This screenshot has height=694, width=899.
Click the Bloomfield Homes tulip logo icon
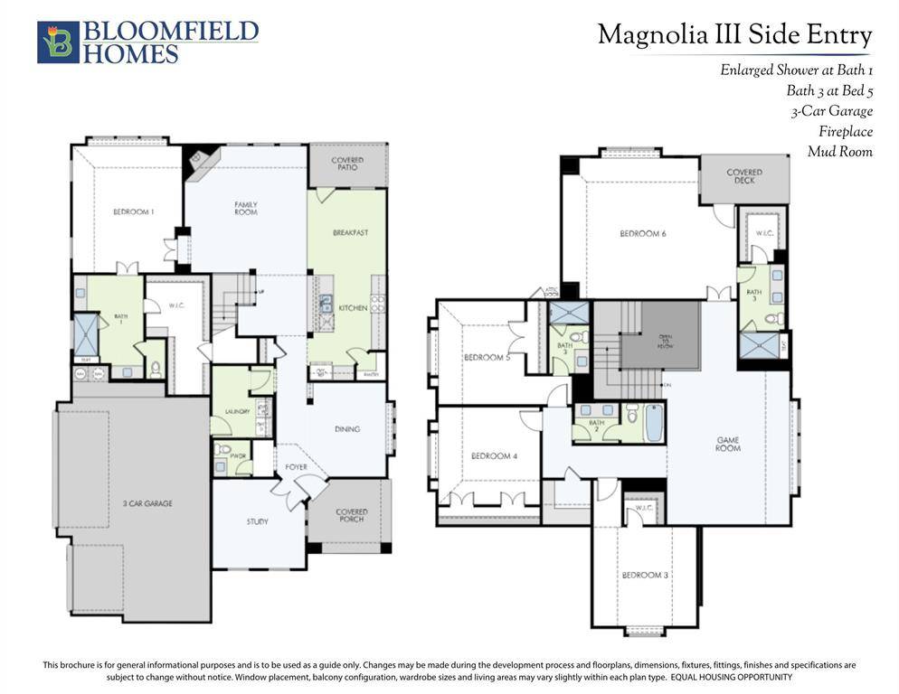point(59,42)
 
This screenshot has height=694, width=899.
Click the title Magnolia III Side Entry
point(734,36)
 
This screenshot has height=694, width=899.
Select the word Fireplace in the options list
point(846,132)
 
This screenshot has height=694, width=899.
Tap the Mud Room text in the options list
point(839,152)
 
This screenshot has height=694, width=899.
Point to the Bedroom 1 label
point(133,212)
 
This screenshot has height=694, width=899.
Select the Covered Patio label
point(347,164)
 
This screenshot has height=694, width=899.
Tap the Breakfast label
point(350,233)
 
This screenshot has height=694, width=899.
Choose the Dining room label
point(346,429)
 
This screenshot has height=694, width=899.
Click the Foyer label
point(296,467)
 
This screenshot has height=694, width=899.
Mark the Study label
point(258,521)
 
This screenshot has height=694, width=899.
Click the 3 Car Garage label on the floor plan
point(147,503)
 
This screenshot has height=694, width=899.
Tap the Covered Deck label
point(743,176)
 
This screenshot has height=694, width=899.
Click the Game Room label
point(728,445)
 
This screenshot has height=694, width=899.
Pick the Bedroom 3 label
point(644,576)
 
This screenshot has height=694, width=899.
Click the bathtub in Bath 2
point(654,422)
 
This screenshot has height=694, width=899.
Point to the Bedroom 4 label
point(494,456)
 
